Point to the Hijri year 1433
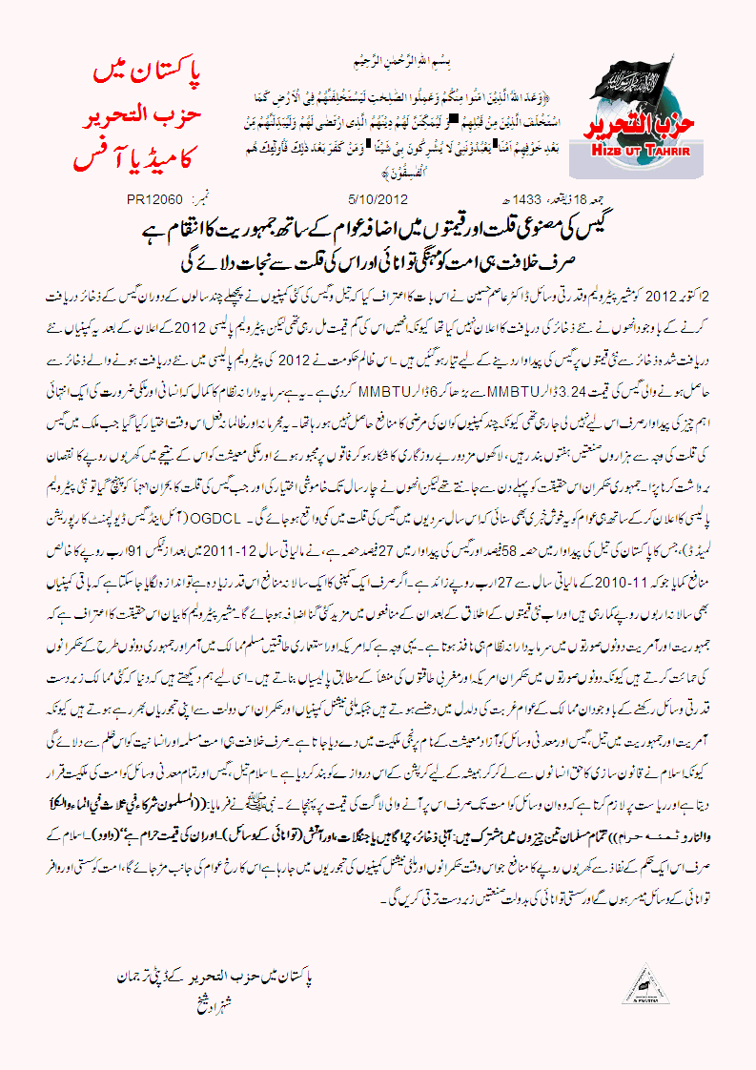(x=518, y=199)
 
